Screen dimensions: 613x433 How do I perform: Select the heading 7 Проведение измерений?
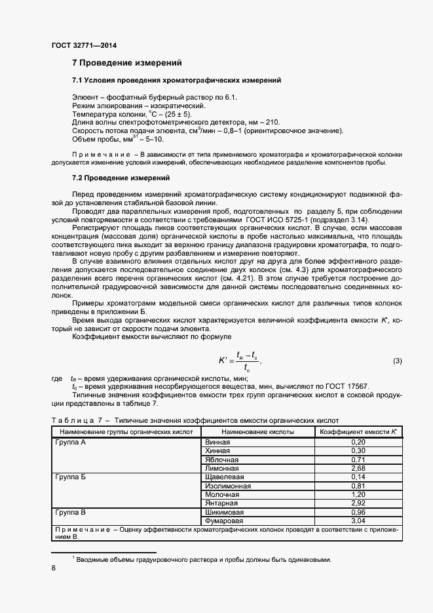click(x=126, y=63)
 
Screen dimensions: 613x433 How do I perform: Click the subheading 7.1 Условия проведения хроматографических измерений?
click(x=176, y=80)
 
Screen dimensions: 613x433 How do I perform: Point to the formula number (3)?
click(x=397, y=361)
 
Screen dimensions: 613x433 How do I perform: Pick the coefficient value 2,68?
click(x=358, y=469)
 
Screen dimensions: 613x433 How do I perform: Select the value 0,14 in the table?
click(x=358, y=477)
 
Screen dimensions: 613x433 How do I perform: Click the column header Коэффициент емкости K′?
click(x=358, y=432)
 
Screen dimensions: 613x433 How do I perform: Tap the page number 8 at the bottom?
click(x=53, y=568)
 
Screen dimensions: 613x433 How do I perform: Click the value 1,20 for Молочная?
click(x=358, y=494)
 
